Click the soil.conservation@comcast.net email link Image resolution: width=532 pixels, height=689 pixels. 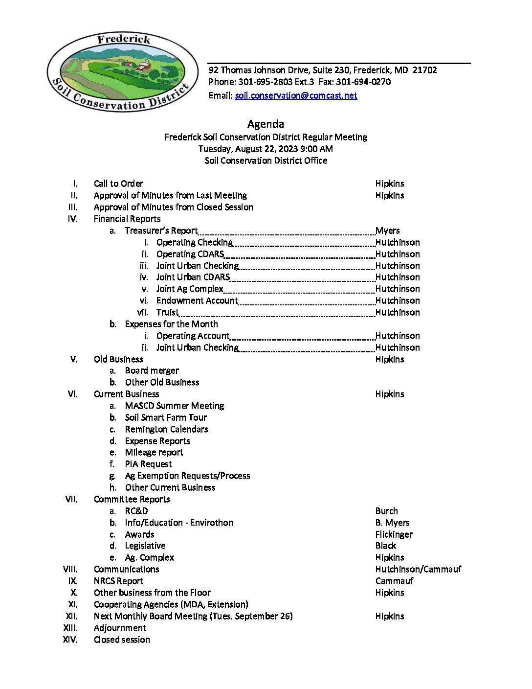point(296,95)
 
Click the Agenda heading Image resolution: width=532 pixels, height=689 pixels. point(266,124)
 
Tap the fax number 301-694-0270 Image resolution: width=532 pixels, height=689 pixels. point(363,82)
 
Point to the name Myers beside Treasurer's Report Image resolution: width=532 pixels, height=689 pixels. point(387,230)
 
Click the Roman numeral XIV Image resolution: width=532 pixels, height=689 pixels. point(70,640)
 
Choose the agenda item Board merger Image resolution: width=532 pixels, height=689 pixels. point(152,370)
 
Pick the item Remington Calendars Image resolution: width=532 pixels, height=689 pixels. point(166,429)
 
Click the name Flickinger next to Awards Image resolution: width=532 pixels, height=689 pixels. point(394,534)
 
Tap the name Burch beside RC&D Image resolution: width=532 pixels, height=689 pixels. point(386,511)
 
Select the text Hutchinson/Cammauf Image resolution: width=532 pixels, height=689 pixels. point(418,569)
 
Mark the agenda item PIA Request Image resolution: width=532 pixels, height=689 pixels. point(148,464)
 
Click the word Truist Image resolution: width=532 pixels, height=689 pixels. point(167,312)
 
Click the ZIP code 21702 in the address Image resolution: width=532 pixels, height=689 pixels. point(424,70)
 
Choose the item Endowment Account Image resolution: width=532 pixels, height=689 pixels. point(197,300)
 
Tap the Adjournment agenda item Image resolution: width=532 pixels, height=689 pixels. point(120,628)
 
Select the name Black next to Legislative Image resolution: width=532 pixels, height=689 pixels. point(385,546)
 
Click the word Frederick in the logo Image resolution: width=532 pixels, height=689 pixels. point(124,39)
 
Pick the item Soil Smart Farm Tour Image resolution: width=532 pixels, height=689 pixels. point(166,417)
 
